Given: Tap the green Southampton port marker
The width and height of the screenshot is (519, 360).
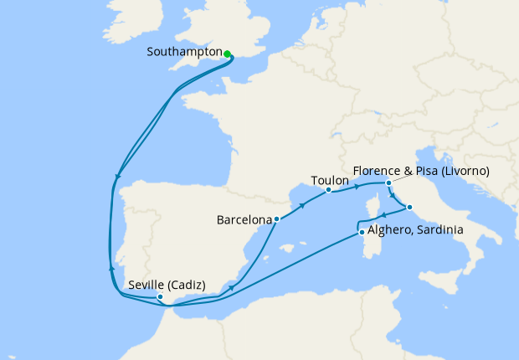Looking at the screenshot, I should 228,53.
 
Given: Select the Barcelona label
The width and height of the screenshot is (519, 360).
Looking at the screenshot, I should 244,221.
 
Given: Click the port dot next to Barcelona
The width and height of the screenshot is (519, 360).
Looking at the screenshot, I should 277,219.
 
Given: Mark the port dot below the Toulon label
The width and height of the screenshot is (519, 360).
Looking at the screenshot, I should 328,190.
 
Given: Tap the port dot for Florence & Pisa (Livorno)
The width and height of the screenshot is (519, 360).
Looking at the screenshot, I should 388,183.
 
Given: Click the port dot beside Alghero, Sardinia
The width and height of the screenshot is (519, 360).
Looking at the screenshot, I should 362,233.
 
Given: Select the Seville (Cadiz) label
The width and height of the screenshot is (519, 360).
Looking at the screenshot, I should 167,285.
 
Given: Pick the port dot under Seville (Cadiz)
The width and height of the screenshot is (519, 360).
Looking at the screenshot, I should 160,296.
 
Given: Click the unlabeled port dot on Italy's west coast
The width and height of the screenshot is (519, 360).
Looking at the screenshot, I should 409,206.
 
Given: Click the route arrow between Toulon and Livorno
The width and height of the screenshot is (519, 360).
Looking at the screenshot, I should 358,186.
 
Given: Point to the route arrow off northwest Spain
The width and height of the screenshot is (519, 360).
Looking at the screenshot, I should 117,177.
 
